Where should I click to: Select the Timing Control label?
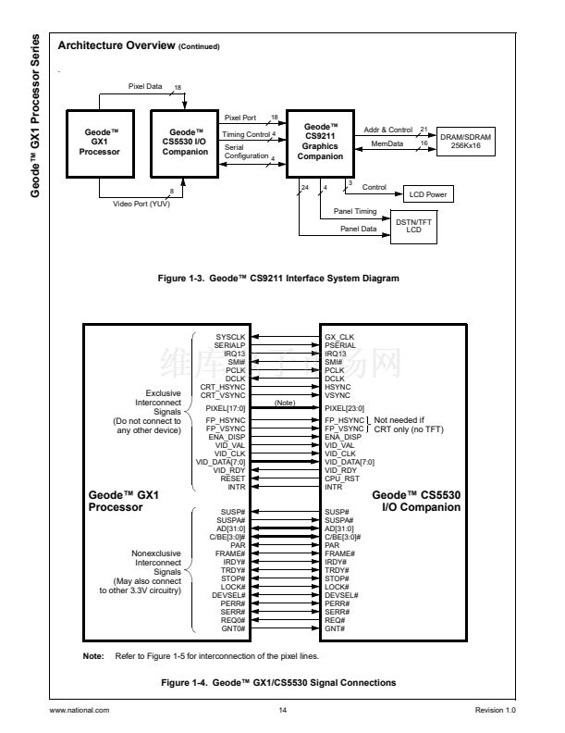click(246, 135)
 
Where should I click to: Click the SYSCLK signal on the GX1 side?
click(230, 337)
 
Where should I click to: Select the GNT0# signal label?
click(233, 627)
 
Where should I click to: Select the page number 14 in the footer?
click(282, 710)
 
